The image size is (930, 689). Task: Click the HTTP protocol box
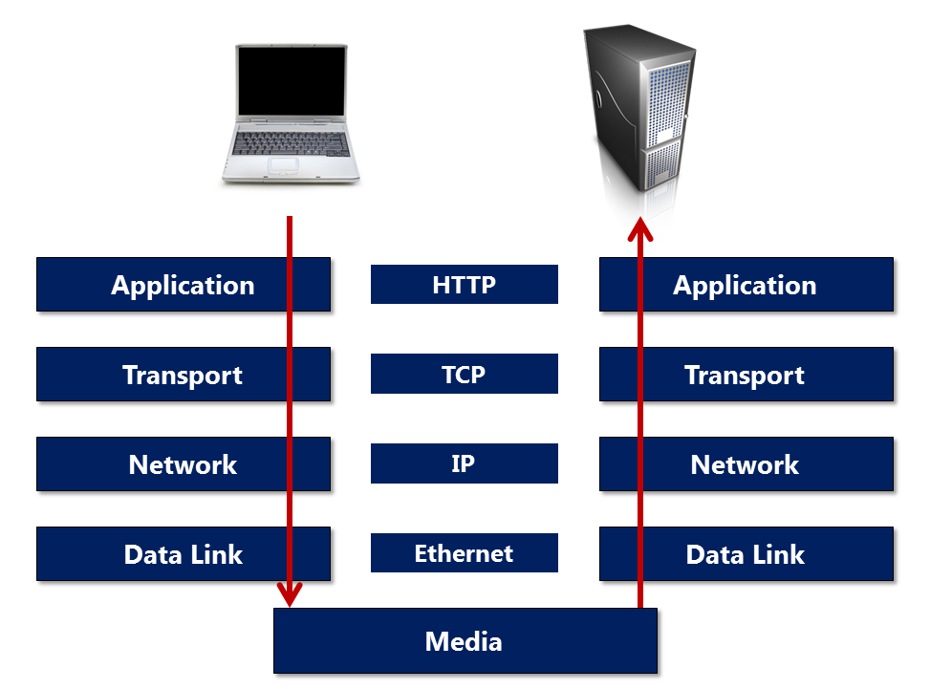click(x=464, y=284)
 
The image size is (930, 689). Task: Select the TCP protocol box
click(x=464, y=374)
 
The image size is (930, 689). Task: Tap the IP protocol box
click(x=464, y=463)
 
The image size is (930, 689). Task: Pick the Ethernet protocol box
click(x=464, y=552)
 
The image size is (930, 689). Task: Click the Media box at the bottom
click(x=465, y=640)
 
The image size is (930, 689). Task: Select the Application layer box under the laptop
click(x=184, y=285)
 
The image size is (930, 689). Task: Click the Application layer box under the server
click(x=746, y=285)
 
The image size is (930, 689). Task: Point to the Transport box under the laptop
click(x=184, y=375)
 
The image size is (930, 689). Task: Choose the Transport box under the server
click(x=746, y=375)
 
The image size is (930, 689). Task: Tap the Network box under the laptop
click(x=184, y=463)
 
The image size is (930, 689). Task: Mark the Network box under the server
click(x=746, y=463)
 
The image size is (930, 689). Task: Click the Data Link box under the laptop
click(x=184, y=553)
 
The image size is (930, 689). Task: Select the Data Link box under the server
click(x=746, y=553)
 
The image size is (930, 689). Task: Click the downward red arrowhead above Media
click(x=290, y=594)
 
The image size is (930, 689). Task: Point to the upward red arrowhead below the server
click(x=640, y=229)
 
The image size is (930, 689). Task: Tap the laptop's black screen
click(x=292, y=81)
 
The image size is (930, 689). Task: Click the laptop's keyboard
click(x=291, y=143)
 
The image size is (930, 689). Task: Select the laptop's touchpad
click(x=283, y=165)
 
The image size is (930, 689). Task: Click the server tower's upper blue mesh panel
click(x=668, y=104)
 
